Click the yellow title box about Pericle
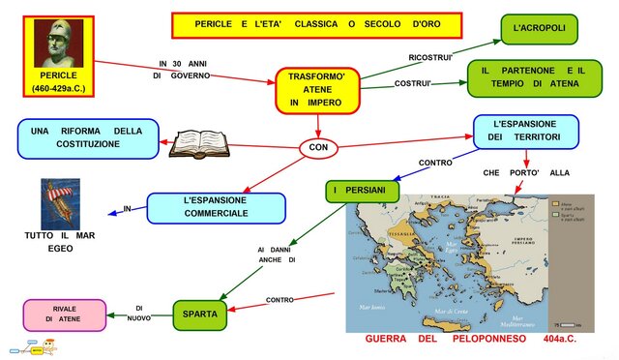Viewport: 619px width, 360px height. click(316, 24)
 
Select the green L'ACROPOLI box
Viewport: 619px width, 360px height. click(540, 29)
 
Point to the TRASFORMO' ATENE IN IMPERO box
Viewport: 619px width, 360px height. click(317, 88)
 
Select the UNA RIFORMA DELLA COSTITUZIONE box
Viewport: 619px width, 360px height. click(86, 137)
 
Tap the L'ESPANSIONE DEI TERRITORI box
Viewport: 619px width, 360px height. click(526, 133)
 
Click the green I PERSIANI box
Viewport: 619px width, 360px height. click(361, 191)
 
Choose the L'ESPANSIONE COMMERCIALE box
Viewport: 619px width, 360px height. click(215, 207)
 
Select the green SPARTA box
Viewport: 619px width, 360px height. click(201, 314)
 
